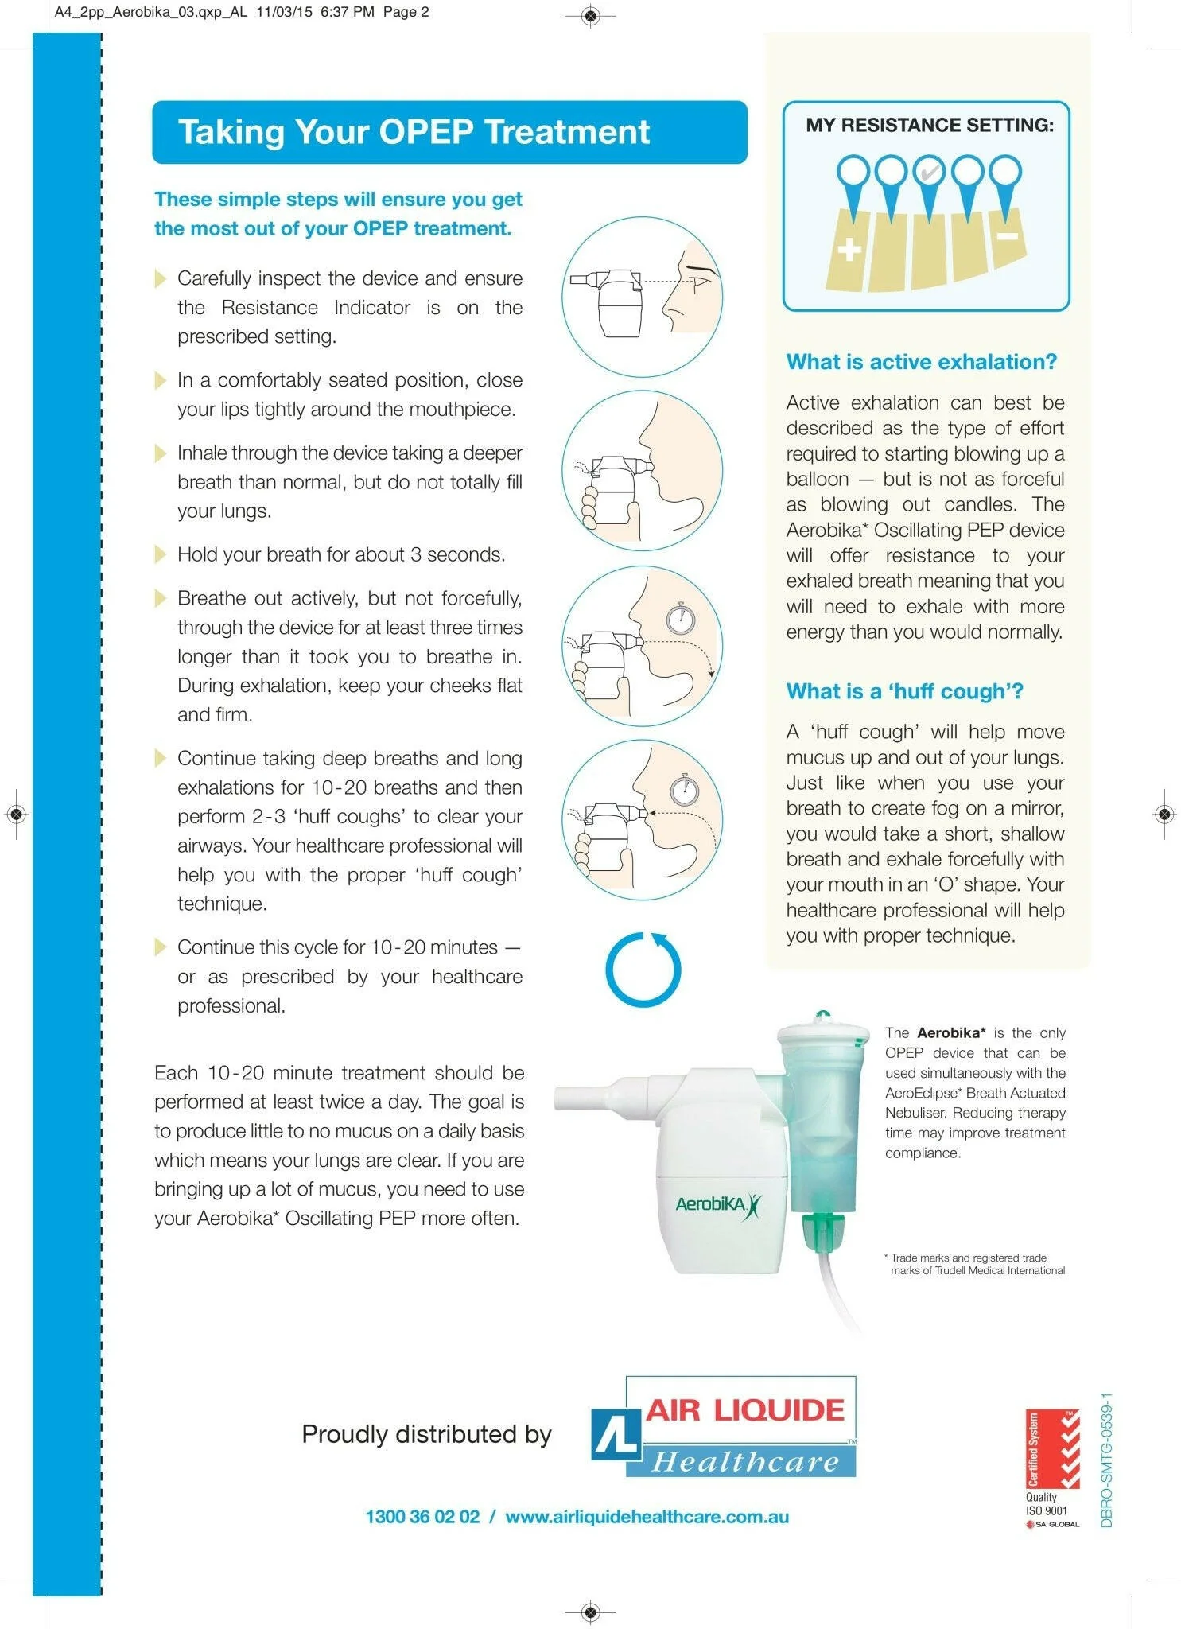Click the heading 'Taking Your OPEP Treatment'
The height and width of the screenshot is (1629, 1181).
click(414, 132)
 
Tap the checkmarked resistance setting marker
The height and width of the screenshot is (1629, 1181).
click(928, 171)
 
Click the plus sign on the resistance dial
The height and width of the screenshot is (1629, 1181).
click(849, 250)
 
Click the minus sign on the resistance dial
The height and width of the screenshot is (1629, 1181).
click(1008, 237)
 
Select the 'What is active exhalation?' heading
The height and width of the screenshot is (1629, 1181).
click(921, 362)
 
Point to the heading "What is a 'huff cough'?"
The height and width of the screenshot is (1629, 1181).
click(904, 691)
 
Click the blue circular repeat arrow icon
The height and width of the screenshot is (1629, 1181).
click(643, 970)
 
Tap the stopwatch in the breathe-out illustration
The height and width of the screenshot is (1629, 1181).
click(680, 618)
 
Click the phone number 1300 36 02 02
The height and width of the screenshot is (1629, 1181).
click(422, 1517)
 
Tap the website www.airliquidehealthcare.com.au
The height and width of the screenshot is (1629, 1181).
click(647, 1517)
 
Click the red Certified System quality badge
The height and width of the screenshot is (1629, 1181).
click(1052, 1449)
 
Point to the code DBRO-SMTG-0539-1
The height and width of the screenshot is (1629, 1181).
click(1107, 1460)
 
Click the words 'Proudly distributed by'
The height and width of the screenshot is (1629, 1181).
click(426, 1434)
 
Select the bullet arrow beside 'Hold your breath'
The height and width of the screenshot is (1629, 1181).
click(161, 554)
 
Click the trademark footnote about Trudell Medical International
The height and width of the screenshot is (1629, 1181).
click(976, 1264)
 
